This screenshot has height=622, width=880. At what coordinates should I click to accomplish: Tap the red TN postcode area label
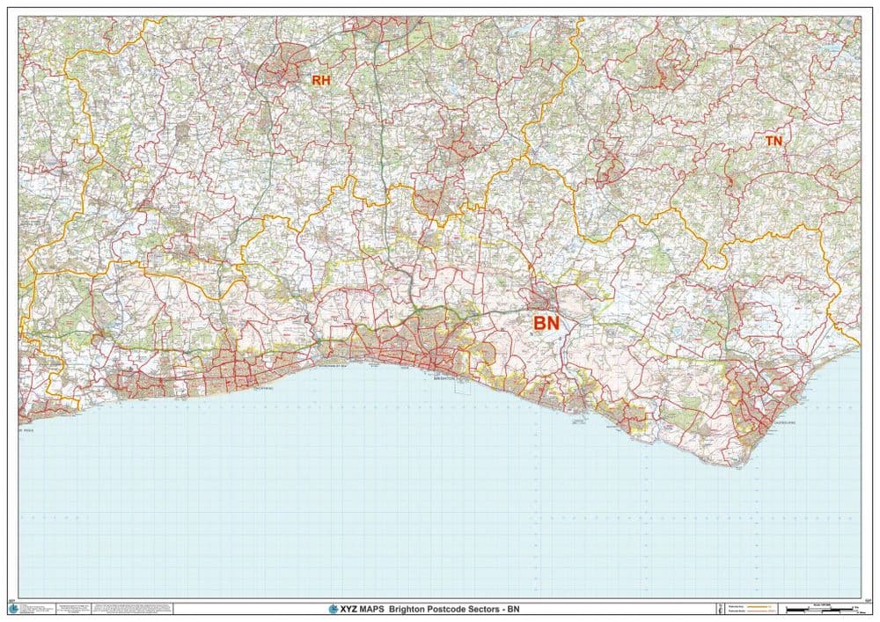pos(774,140)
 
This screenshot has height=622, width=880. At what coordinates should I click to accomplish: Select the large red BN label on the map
pos(546,324)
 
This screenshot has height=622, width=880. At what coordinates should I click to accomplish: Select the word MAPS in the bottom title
pos(373,609)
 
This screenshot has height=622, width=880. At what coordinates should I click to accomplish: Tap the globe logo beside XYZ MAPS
pos(333,609)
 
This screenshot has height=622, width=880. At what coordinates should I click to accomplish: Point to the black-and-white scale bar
pos(813,609)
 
